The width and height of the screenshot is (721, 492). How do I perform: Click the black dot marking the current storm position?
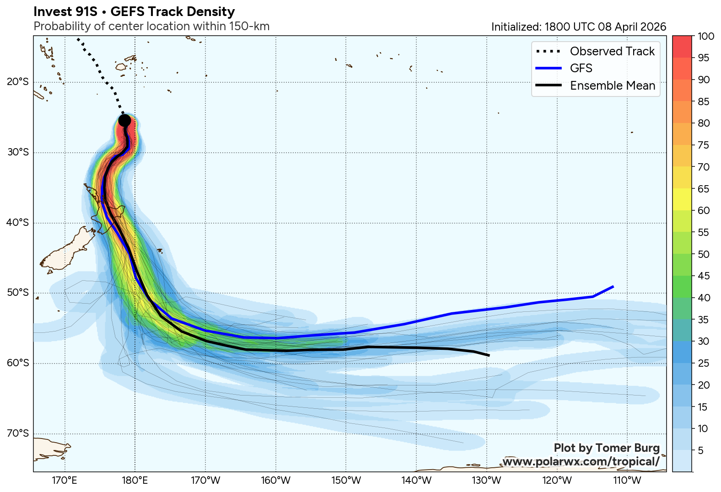coord(124,120)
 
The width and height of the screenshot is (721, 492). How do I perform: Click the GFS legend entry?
coord(581,68)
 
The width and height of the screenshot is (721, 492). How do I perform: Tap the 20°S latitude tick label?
coord(18,82)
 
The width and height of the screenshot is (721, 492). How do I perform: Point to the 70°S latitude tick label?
coord(18,433)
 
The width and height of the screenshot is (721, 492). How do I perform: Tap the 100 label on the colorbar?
coord(706,36)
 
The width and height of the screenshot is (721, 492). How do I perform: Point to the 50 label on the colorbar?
coord(704,254)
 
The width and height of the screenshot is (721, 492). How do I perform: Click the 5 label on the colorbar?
coord(701,450)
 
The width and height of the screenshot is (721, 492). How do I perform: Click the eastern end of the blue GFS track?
coord(613,287)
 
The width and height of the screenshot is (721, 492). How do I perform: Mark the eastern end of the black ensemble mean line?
coord(489,355)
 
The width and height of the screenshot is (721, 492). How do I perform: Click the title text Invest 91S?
coord(65,11)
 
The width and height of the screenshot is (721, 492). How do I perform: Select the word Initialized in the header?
coord(516,27)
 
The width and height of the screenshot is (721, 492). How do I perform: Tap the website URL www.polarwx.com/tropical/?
coord(581,461)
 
